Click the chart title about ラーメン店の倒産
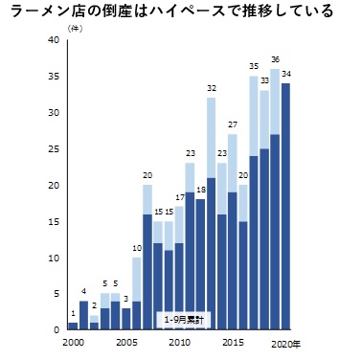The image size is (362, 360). pyautogui.click(x=171, y=12)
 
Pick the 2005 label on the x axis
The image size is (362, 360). pyautogui.click(x=125, y=342)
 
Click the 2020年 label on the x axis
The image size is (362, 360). pyautogui.click(x=285, y=342)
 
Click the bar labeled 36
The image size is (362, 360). pyautogui.click(x=275, y=201)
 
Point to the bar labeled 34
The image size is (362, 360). pyautogui.click(x=285, y=207)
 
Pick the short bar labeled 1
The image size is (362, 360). pyautogui.click(x=73, y=326)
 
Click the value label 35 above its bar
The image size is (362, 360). pyautogui.click(x=254, y=66)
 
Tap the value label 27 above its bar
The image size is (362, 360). pyautogui.click(x=232, y=124)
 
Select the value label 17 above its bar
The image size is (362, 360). pyautogui.click(x=179, y=196)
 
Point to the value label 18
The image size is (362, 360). pyautogui.click(x=200, y=190)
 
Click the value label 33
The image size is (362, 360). pyautogui.click(x=264, y=80)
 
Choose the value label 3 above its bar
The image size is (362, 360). pyautogui.click(x=125, y=298)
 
